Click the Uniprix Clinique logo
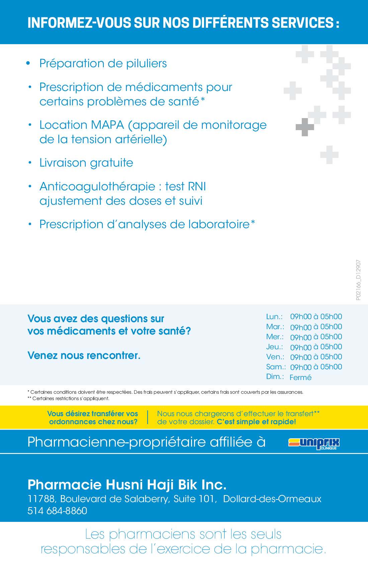[314, 443]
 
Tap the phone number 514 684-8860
[57, 511]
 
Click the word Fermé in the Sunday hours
[300, 377]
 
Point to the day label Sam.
[276, 367]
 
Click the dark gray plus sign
[305, 127]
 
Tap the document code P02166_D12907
[358, 280]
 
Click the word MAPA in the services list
[107, 125]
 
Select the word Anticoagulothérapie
[97, 186]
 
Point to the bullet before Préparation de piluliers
[28, 63]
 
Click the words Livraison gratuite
[86, 163]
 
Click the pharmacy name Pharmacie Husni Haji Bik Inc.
[127, 484]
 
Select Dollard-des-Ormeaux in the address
[272, 499]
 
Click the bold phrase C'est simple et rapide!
[256, 422]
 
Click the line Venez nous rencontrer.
[84, 355]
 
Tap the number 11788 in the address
[41, 499]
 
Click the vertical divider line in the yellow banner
[148, 417]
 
